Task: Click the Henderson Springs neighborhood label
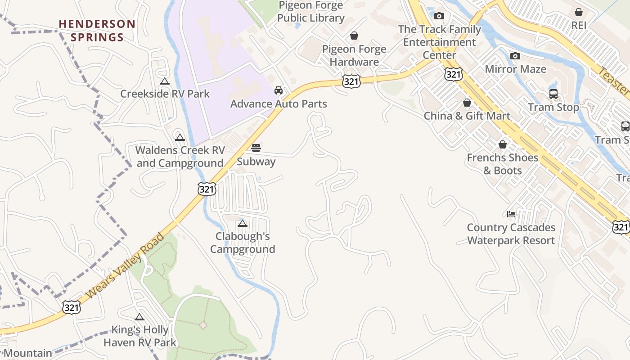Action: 97,30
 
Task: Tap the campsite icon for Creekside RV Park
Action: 165,81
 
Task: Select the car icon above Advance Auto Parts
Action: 279,90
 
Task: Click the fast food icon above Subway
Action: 256,148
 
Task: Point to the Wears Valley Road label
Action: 124,266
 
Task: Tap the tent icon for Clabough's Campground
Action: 243,223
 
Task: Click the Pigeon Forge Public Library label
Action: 310,12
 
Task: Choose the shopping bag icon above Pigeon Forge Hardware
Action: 354,36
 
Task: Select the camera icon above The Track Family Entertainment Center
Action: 439,16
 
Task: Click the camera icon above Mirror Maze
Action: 515,56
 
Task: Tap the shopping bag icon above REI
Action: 579,12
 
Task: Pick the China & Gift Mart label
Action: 467,116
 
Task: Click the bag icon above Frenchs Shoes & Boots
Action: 503,144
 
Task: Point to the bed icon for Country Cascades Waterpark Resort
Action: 511,214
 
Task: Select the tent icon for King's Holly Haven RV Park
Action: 139,317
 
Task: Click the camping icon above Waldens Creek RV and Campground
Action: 180,137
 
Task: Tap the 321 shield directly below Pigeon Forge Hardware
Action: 351,81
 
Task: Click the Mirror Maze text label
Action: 515,69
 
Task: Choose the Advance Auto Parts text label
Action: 279,104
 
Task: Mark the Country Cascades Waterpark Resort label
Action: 511,234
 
